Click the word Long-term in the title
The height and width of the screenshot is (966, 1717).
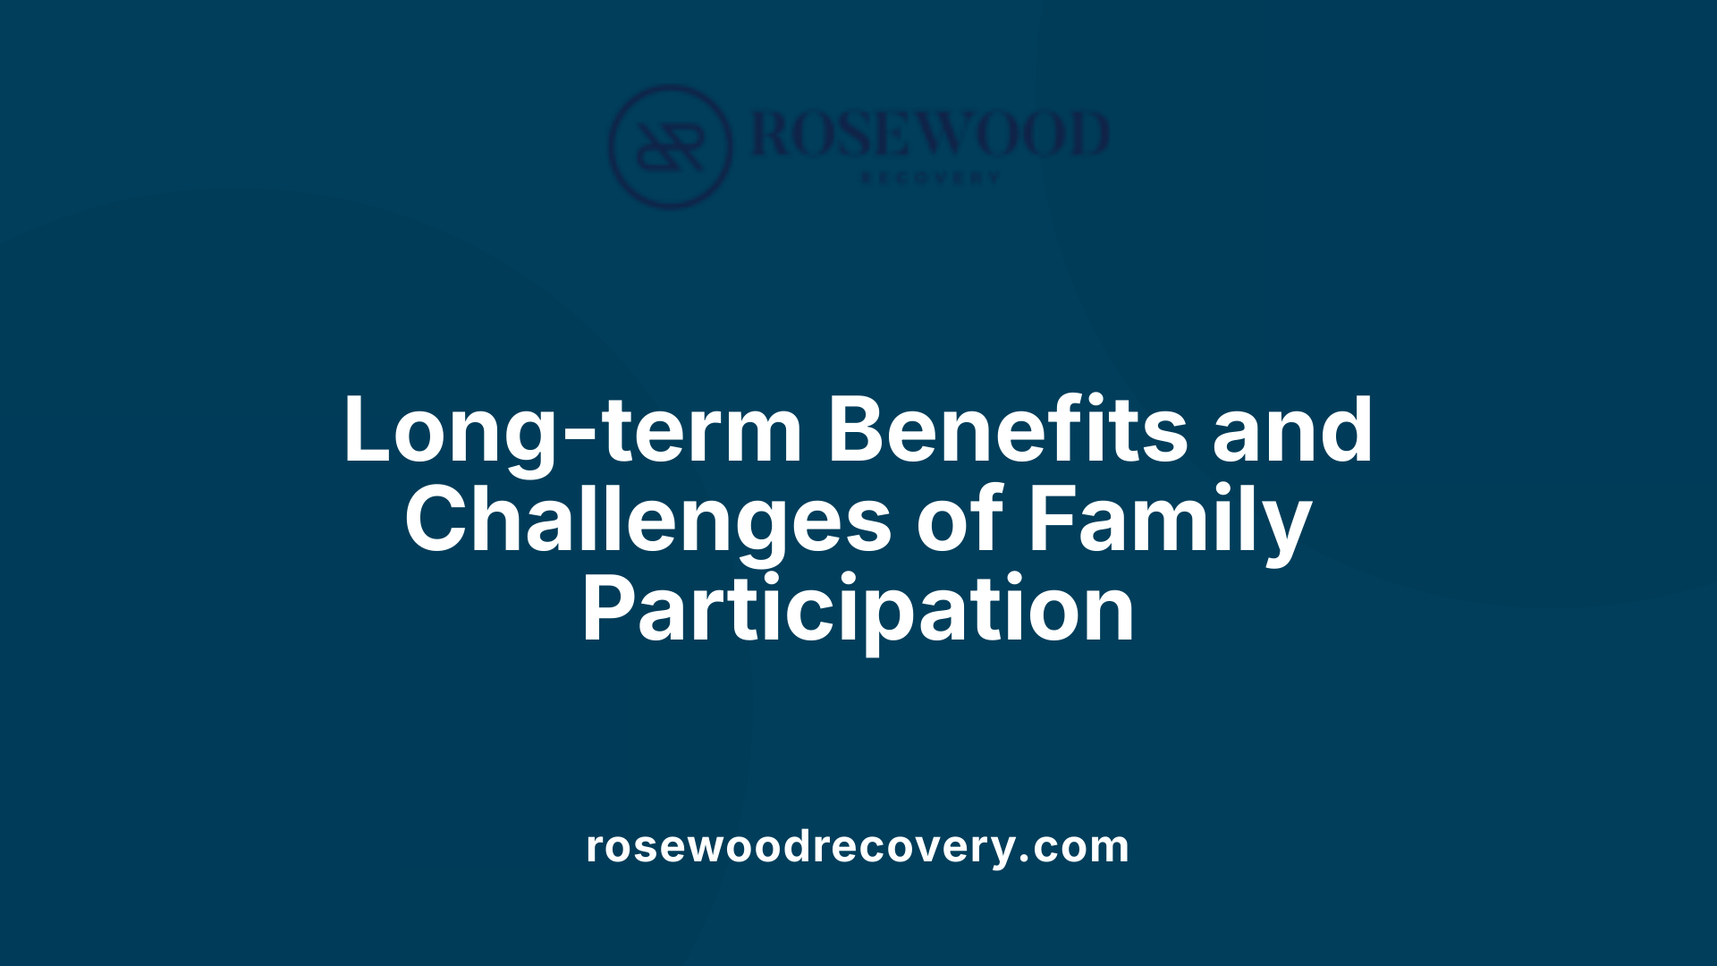[x=572, y=432]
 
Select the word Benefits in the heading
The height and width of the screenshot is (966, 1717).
[x=1008, y=430]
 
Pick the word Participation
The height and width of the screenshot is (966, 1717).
[x=858, y=611]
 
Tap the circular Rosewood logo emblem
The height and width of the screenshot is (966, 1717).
[x=671, y=147]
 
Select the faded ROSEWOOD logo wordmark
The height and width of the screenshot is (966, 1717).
[x=930, y=134]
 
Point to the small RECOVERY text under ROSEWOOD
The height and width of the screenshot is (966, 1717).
[x=930, y=178]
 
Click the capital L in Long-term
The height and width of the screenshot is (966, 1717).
[x=368, y=430]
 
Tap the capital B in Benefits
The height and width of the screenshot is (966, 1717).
[x=858, y=430]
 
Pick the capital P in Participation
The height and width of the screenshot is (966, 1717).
[x=606, y=610]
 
